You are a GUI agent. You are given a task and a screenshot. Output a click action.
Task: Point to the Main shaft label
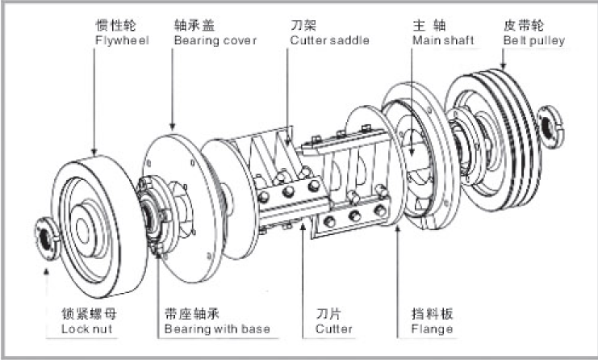click(x=437, y=40)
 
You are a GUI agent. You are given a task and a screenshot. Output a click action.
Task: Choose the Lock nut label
click(x=86, y=329)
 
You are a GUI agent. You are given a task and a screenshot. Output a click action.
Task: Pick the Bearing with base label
click(x=216, y=329)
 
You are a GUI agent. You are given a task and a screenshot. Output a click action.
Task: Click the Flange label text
click(x=432, y=329)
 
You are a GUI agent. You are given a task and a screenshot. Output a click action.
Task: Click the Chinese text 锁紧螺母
click(x=92, y=314)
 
